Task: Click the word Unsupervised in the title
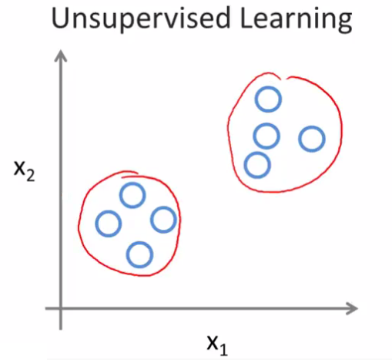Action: tap(141, 19)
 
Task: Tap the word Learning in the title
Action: tap(296, 19)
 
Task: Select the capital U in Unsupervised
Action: tap(62, 18)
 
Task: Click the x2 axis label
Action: tap(24, 171)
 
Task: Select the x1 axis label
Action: tap(217, 345)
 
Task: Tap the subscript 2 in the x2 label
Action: tap(30, 176)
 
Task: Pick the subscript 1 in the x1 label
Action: tap(223, 350)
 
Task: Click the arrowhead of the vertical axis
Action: tap(61, 55)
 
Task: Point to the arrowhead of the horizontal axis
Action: tap(352, 308)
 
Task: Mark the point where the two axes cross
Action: tap(61, 308)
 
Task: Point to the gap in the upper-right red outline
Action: tap(283, 78)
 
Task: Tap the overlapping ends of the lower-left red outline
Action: tap(129, 174)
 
